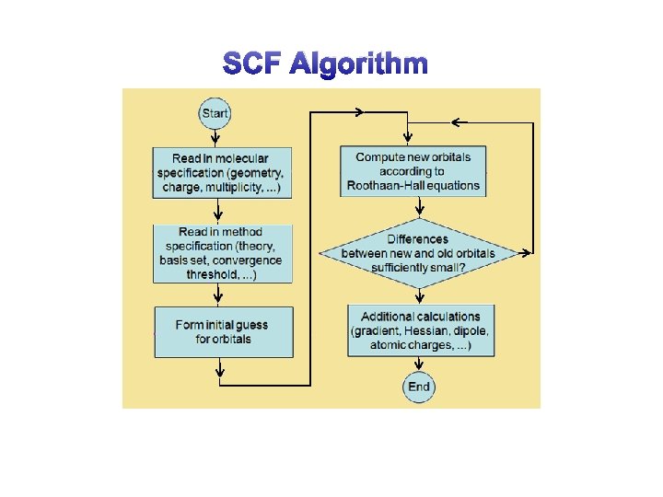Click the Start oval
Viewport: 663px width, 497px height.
click(215, 114)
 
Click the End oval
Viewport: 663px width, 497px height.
click(419, 387)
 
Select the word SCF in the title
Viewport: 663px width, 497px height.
click(253, 64)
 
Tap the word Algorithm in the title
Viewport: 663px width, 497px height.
click(358, 64)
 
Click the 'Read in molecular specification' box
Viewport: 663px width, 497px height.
click(220, 172)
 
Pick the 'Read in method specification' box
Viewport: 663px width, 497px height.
click(220, 253)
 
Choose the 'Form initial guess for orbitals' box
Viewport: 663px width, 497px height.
click(223, 332)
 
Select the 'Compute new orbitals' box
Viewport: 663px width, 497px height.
click(413, 171)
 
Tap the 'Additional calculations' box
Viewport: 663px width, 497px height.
click(419, 331)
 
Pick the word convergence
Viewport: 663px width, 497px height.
click(249, 260)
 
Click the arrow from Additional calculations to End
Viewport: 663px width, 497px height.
click(419, 365)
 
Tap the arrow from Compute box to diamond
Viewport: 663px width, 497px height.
click(419, 208)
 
